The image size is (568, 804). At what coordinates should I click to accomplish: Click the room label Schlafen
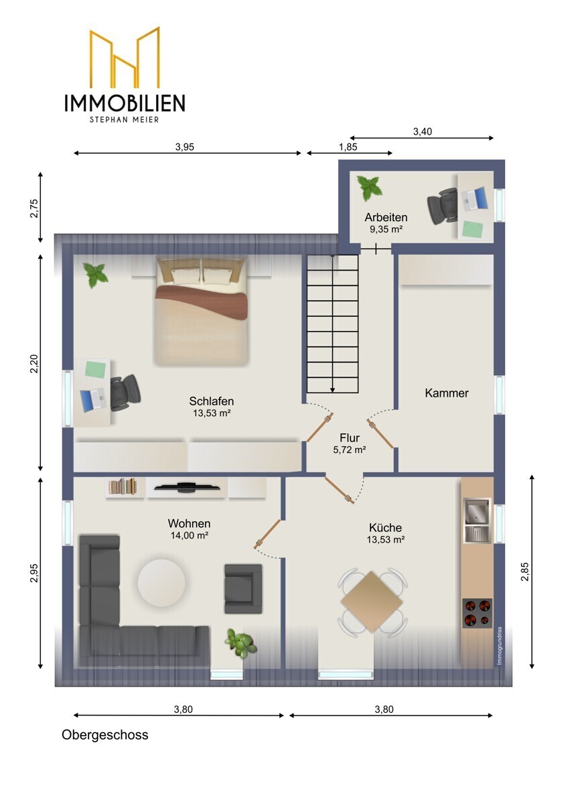(212, 401)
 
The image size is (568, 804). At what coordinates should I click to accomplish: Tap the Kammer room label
(446, 393)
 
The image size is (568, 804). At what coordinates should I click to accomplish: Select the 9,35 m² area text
(386, 229)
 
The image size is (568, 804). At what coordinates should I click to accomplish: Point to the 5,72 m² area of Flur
(350, 450)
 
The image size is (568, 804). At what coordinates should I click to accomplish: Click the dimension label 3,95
(184, 147)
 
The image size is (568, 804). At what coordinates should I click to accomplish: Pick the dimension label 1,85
(348, 147)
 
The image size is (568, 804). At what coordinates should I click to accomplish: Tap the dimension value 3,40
(423, 132)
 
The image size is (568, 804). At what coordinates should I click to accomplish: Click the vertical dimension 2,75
(34, 208)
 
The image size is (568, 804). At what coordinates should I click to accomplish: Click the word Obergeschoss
(104, 735)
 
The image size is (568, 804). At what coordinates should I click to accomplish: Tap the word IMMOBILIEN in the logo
(125, 103)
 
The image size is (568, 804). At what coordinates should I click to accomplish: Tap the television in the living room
(187, 487)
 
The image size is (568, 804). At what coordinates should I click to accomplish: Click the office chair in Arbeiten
(443, 206)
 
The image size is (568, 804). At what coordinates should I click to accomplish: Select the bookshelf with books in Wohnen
(123, 487)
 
